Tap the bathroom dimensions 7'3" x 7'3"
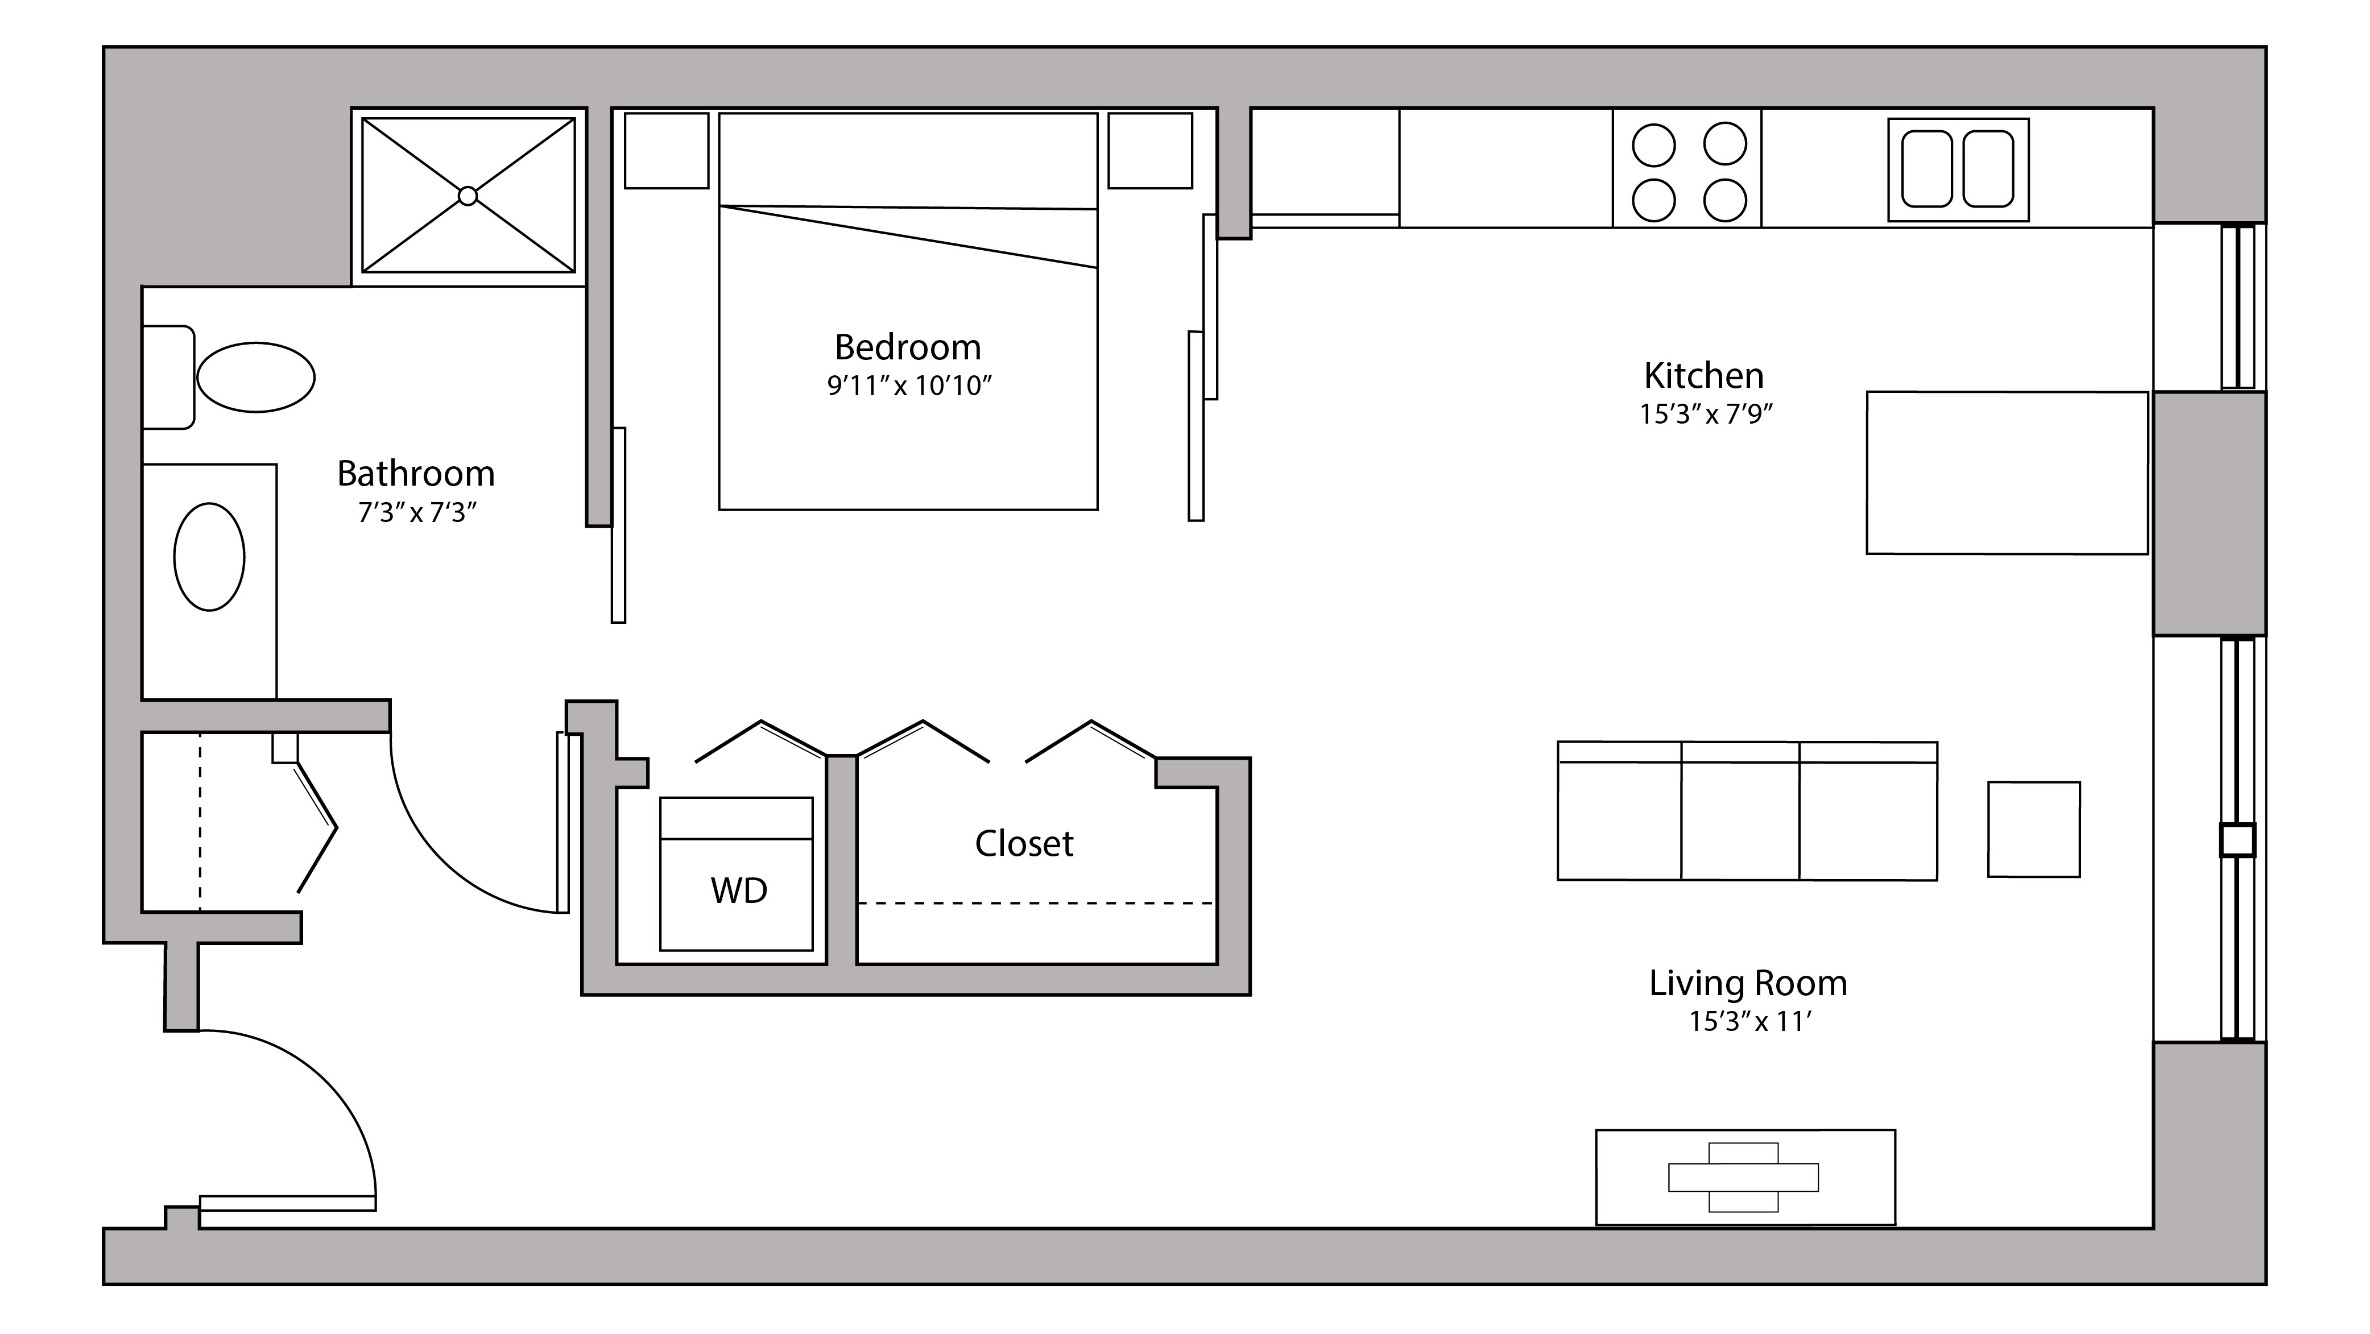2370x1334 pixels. [x=417, y=512]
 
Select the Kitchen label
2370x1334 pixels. [x=1704, y=375]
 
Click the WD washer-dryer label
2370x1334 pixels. [x=739, y=890]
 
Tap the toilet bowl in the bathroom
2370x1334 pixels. [x=256, y=377]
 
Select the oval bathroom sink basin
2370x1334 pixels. [x=210, y=557]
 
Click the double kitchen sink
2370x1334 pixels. [x=1958, y=169]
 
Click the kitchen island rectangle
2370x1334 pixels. [x=2007, y=473]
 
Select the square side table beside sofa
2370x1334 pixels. [x=2033, y=829]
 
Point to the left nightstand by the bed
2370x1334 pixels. [x=666, y=151]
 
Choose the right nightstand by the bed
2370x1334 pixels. [x=1150, y=151]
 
